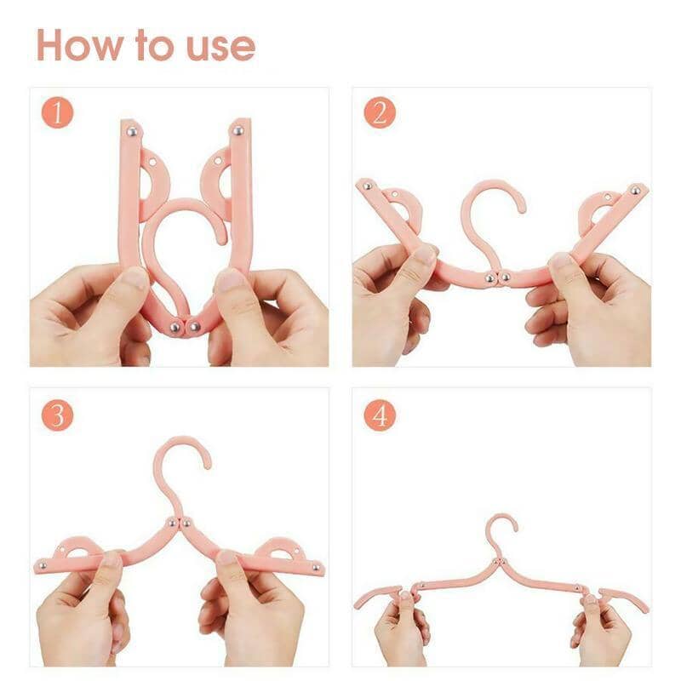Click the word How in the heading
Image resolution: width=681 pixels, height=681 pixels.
79,45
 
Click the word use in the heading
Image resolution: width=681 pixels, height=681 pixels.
218,47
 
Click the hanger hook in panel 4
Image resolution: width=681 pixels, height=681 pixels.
502,528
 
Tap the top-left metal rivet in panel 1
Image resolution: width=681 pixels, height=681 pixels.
133,131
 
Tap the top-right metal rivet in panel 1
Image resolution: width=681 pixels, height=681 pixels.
238,131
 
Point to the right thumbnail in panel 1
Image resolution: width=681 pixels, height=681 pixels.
230,280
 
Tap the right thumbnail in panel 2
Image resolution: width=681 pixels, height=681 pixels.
563,263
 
